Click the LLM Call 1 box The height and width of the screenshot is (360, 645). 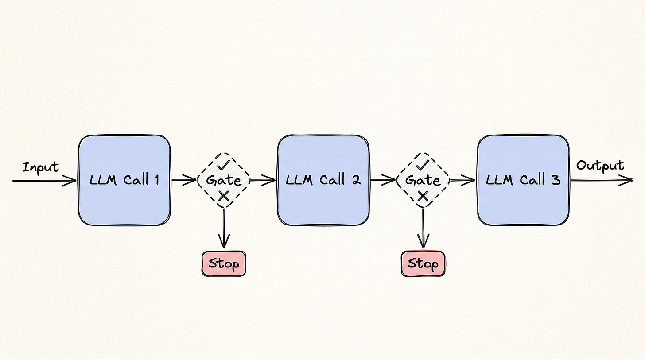point(124,180)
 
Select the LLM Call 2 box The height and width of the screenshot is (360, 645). point(323,180)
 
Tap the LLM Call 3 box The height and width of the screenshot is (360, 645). point(523,180)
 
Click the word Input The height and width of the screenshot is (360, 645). point(41,167)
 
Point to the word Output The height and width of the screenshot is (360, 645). point(600,166)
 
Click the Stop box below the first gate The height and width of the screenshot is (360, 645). point(224,264)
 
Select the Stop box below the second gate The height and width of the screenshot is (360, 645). point(423,264)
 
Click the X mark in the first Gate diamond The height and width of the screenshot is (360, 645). point(224,196)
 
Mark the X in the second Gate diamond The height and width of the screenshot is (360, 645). point(423,196)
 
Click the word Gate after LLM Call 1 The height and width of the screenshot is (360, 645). point(224,180)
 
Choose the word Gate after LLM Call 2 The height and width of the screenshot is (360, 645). point(423,180)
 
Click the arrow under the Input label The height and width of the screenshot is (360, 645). point(44,181)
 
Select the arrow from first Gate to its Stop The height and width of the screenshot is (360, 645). point(224,228)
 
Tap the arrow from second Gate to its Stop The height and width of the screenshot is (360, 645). point(424,228)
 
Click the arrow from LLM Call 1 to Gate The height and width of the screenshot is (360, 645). point(183,180)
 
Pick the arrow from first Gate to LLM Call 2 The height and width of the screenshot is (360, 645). point(264,180)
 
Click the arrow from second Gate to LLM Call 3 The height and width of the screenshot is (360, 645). point(462,180)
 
